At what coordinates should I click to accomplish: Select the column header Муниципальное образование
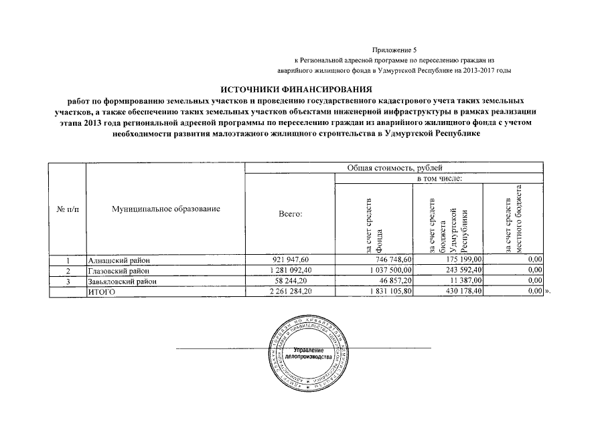pyautogui.click(x=165, y=210)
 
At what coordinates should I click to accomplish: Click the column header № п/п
pyautogui.click(x=68, y=210)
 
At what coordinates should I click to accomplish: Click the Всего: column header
pyautogui.click(x=290, y=214)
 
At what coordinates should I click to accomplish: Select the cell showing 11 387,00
pyautogui.click(x=466, y=282)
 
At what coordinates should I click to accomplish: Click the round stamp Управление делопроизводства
pyautogui.click(x=308, y=355)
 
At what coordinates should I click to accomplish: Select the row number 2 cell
pyautogui.click(x=68, y=271)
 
